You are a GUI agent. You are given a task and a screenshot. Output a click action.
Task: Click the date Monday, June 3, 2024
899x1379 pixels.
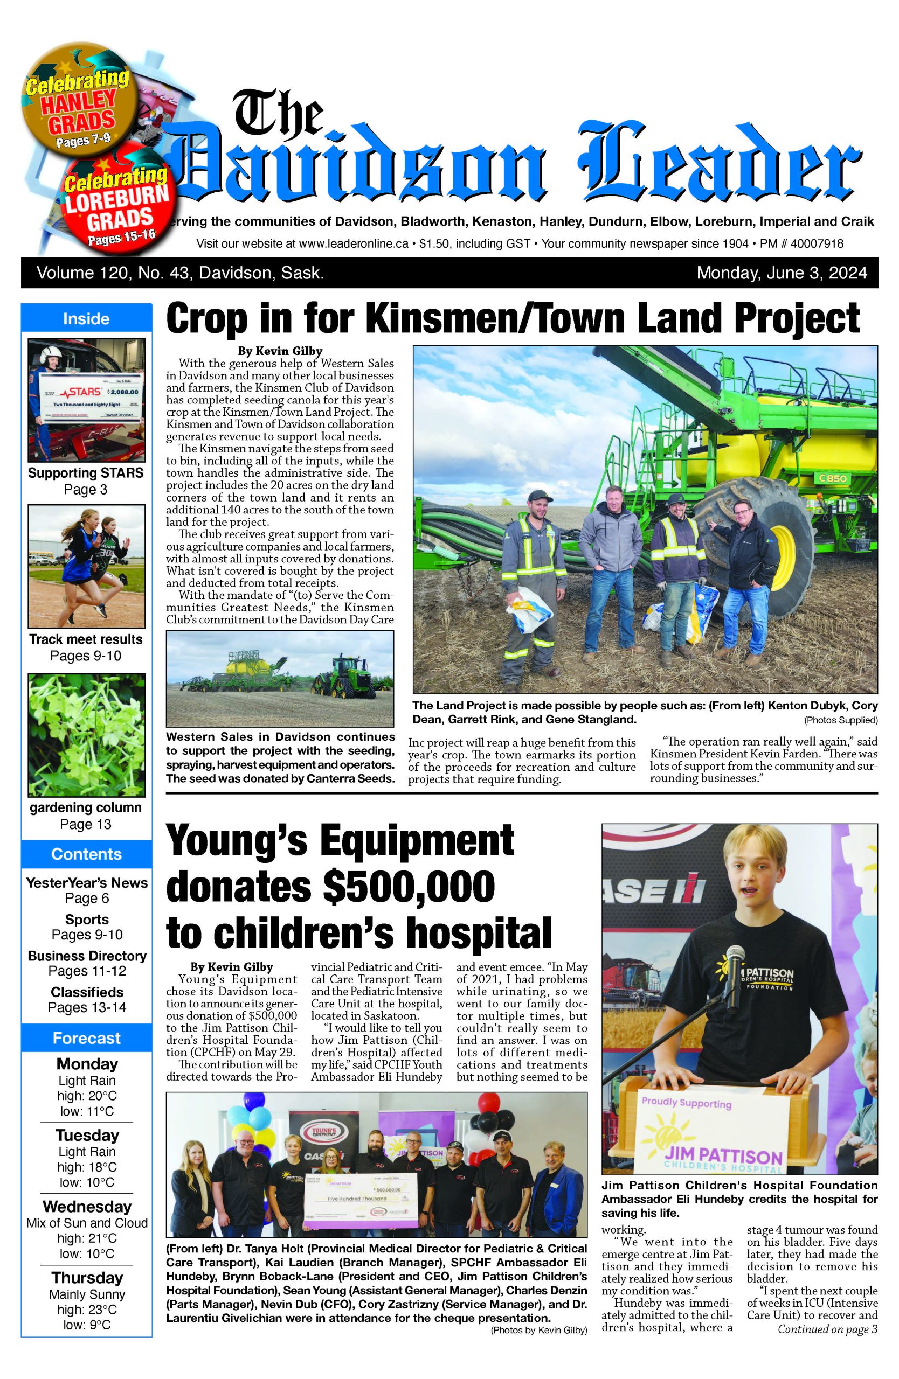coord(782,273)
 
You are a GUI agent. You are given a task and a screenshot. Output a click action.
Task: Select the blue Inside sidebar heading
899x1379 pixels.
coord(86,319)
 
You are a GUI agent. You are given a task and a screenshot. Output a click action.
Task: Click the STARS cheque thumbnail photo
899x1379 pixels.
coord(86,400)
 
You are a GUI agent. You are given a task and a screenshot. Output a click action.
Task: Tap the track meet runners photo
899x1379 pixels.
coord(86,566)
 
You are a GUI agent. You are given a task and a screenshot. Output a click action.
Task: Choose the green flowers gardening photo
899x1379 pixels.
coord(86,734)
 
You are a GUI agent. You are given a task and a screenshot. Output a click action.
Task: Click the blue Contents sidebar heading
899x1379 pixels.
coord(86,854)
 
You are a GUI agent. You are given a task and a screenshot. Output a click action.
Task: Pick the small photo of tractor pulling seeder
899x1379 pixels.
coord(279,678)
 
